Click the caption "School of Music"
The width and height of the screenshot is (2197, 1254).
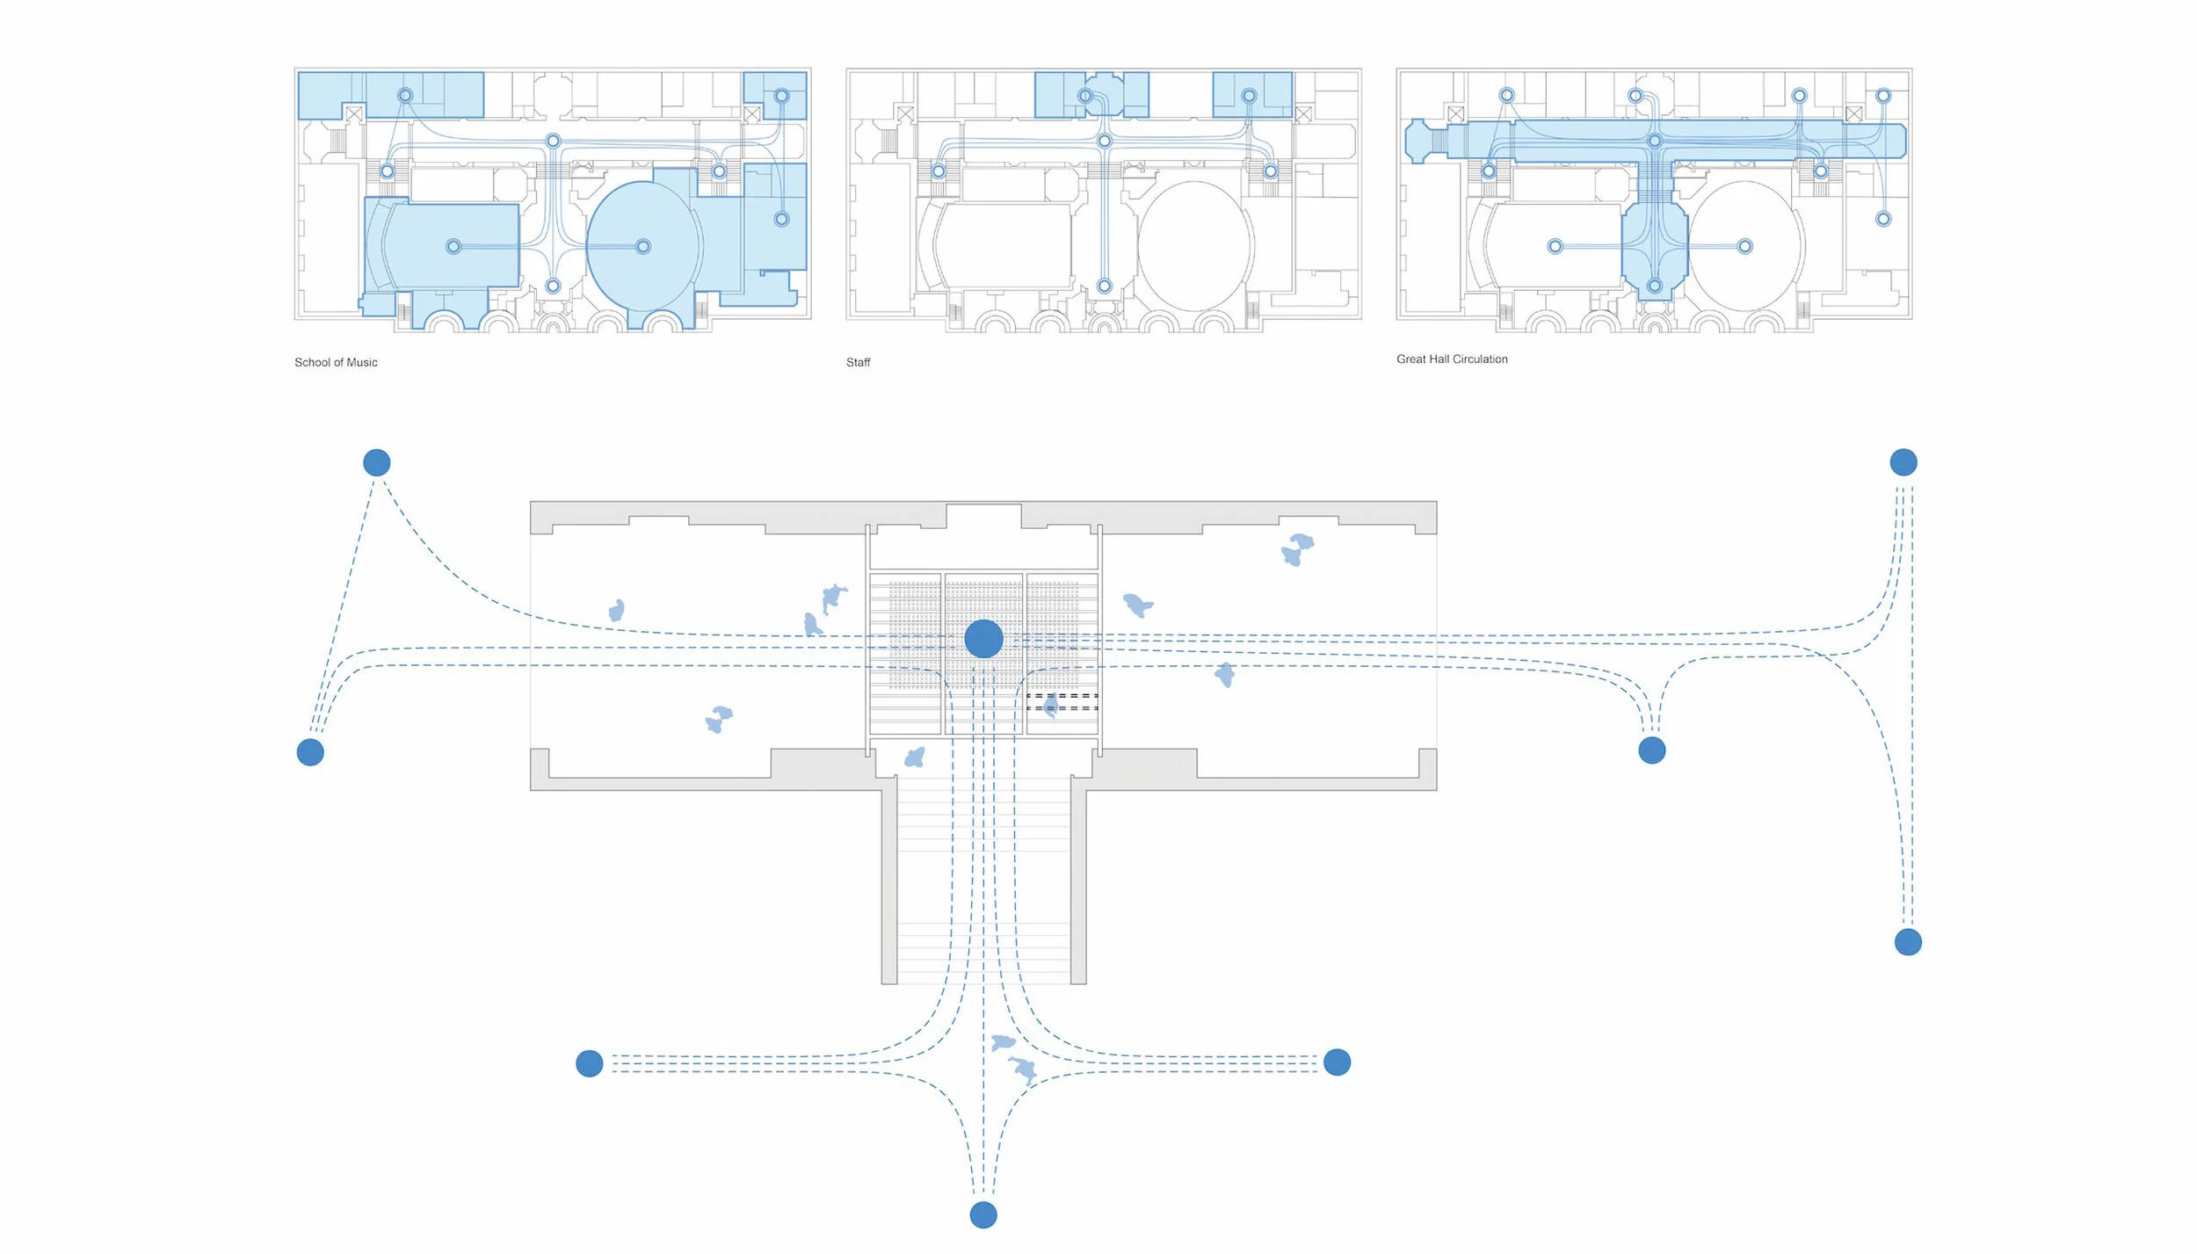[336, 362]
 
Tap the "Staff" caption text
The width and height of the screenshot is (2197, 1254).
[858, 362]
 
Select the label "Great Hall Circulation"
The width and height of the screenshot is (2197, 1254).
[1452, 359]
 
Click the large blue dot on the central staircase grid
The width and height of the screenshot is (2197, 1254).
[983, 639]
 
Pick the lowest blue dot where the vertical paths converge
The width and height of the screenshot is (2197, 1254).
[983, 1215]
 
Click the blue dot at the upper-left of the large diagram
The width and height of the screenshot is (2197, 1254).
[377, 462]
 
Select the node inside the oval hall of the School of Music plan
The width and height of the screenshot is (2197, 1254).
[643, 246]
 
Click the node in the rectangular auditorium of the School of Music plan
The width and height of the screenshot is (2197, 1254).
[453, 246]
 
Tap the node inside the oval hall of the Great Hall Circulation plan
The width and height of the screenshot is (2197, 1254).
[1745, 246]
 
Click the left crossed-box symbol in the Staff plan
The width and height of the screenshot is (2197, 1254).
[905, 113]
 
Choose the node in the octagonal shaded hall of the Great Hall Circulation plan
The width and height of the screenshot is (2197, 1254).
[1655, 286]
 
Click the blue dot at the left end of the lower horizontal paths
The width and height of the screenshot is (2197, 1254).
[590, 1063]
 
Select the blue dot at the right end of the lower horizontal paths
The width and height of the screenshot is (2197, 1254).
[1337, 1062]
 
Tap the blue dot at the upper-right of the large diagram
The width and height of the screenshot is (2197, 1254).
[1903, 462]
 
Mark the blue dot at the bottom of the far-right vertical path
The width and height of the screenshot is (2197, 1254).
[1908, 943]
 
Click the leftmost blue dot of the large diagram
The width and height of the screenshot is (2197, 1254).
[310, 752]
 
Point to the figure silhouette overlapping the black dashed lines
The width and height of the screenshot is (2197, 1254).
[1051, 706]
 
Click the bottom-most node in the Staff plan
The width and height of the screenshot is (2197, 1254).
[1105, 286]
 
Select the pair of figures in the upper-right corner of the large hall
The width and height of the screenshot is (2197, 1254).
[1296, 549]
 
